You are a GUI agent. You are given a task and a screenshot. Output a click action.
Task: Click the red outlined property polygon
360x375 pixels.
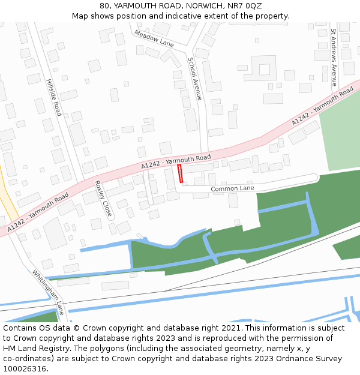click(x=180, y=174)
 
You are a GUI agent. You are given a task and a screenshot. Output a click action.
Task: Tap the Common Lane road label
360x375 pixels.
click(x=232, y=188)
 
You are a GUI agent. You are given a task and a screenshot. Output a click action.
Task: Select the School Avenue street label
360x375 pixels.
click(x=196, y=79)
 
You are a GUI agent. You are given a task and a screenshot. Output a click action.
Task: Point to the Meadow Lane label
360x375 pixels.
click(x=154, y=38)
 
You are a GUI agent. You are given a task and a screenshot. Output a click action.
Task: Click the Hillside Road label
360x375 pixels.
click(x=54, y=96)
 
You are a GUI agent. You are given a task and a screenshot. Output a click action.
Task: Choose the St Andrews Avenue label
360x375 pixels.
click(x=334, y=58)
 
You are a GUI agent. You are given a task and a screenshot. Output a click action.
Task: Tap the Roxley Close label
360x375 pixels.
click(x=103, y=199)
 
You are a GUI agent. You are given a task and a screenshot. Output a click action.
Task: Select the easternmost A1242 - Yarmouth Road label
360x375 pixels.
click(x=323, y=106)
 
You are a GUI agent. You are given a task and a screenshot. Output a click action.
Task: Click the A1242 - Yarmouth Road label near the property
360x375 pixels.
click(x=176, y=161)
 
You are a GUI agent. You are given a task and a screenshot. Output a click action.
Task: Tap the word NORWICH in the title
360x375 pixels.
click(x=205, y=6)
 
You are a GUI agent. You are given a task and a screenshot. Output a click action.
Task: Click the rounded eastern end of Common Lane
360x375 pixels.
click(x=316, y=178)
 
